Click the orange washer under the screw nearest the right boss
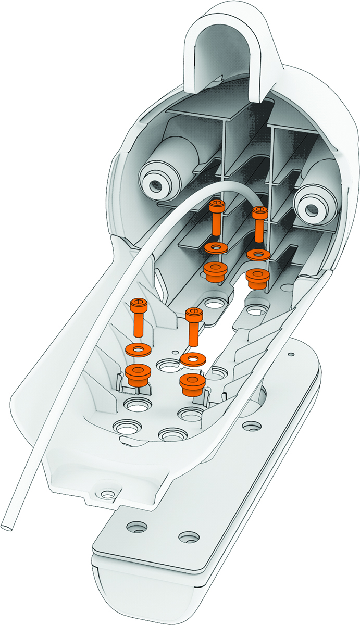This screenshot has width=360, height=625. pos(257,255)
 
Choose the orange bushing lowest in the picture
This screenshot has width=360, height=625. pos(191,384)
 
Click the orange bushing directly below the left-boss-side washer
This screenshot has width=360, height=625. pos(214,271)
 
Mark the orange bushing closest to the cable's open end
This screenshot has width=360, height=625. pos(137,374)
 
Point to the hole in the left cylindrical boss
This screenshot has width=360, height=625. pos(155,184)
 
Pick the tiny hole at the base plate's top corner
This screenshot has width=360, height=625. pos(290,355)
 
